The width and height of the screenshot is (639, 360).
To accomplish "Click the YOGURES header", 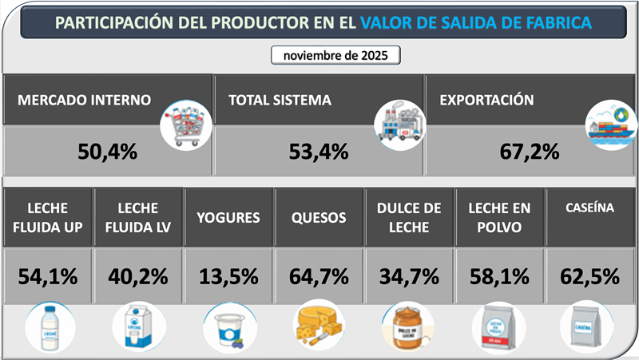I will (x=228, y=217).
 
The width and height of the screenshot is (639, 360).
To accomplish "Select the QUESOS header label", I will (x=319, y=217).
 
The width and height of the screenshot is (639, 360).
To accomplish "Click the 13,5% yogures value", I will (x=228, y=276).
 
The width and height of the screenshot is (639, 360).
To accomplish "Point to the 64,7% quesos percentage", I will (x=319, y=276).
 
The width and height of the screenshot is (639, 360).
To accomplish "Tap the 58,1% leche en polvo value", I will (x=500, y=276).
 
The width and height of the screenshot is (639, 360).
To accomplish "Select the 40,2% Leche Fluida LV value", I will (x=138, y=276).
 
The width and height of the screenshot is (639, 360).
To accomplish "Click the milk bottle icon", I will (x=49, y=328).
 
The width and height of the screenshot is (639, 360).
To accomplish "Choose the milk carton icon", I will (x=139, y=328).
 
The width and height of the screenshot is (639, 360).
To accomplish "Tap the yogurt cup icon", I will (x=229, y=330).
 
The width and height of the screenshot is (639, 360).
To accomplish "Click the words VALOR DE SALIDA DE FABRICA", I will (x=476, y=22).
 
